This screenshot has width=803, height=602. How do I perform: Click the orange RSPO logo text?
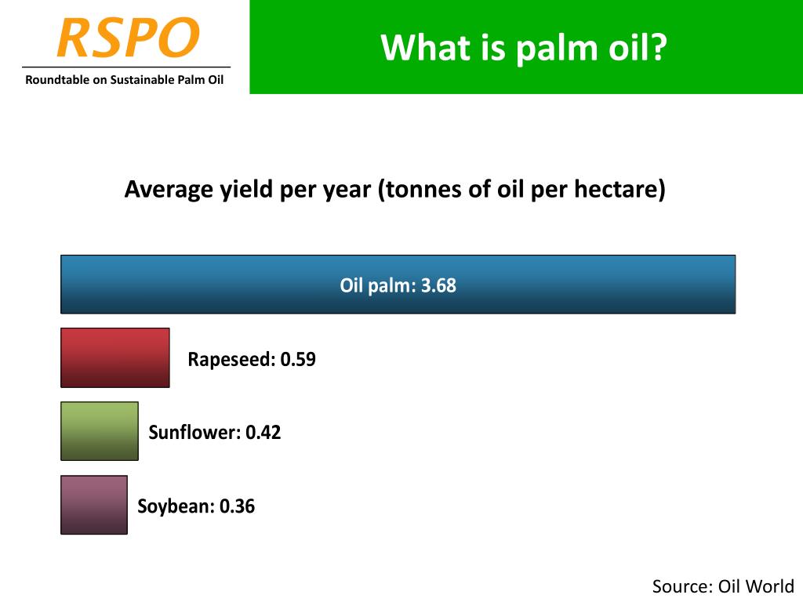128,37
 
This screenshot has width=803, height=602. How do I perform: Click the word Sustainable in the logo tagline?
142,80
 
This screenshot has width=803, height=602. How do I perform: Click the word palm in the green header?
558,49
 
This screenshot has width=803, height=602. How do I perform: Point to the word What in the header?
426,47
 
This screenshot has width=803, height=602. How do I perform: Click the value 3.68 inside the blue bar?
438,285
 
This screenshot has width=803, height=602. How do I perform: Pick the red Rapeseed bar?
115,357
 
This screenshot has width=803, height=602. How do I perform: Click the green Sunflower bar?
100,431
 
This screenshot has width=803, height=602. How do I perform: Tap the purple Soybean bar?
94,505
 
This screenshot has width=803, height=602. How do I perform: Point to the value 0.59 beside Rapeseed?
298,359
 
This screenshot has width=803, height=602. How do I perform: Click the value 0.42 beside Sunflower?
263,433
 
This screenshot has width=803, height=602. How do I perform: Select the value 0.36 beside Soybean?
237,506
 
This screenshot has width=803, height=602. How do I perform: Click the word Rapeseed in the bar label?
231,360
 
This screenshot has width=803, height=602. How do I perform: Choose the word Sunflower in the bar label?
194,433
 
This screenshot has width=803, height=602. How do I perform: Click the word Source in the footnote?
682,586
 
